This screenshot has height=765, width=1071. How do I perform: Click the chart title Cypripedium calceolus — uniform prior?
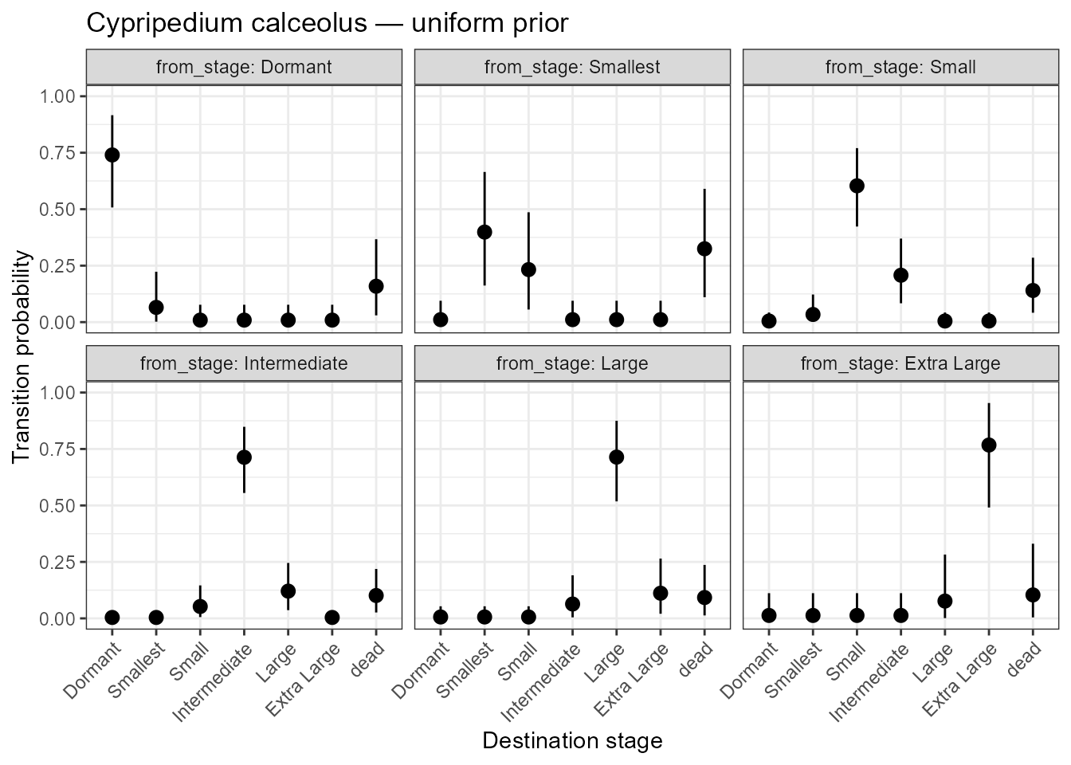click(x=327, y=24)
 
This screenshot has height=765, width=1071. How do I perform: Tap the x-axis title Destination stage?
click(x=572, y=741)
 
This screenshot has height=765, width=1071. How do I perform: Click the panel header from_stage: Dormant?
click(x=244, y=67)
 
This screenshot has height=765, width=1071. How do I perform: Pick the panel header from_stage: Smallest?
click(x=572, y=67)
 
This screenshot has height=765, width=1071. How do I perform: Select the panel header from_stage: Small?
click(x=900, y=67)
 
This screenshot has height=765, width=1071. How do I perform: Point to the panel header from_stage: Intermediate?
click(x=244, y=364)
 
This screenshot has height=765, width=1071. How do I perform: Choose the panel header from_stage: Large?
click(x=572, y=364)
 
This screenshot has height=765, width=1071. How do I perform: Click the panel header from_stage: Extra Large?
click(x=900, y=364)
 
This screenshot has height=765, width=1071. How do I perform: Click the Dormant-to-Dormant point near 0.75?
click(x=112, y=155)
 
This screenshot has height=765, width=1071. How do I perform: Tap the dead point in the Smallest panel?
click(x=704, y=249)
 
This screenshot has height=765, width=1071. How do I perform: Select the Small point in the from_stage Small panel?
click(x=857, y=186)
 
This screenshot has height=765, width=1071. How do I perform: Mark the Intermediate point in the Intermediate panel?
click(x=244, y=457)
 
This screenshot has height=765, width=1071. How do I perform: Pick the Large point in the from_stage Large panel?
click(x=616, y=457)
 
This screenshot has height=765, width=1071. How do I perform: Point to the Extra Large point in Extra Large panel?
click(x=989, y=445)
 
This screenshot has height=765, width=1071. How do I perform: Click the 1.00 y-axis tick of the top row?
click(x=57, y=96)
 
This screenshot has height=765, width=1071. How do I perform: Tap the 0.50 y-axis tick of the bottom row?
click(x=57, y=506)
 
